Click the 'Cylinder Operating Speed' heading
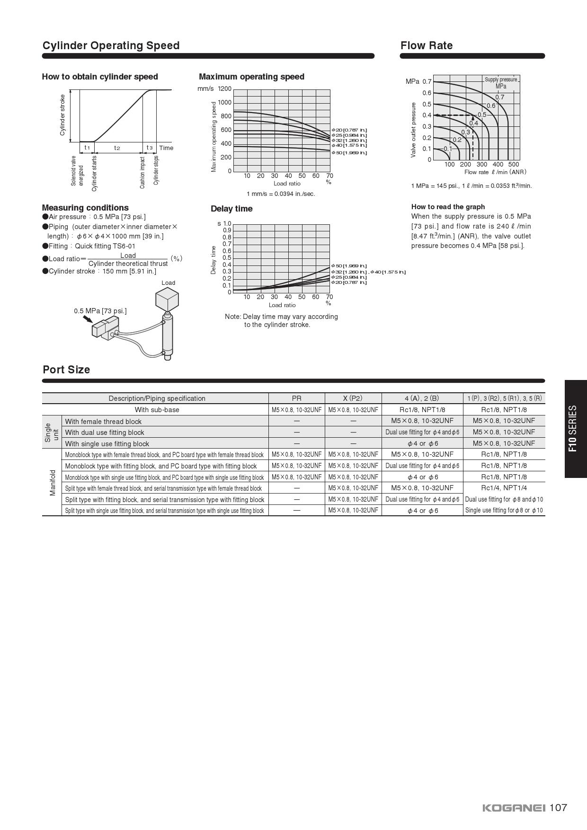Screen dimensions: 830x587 111,45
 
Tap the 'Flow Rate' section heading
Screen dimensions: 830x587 427,45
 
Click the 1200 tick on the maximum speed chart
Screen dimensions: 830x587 225,88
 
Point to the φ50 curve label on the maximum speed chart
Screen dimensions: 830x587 349,153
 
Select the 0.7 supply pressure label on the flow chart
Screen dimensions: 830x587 500,97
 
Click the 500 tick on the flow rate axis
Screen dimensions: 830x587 514,165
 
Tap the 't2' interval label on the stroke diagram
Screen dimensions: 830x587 117,148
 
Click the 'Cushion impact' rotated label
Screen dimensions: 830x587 142,173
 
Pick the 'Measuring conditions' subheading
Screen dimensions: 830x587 85,208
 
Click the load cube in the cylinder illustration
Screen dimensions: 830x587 168,300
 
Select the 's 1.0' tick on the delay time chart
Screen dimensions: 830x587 224,223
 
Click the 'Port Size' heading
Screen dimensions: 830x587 66,370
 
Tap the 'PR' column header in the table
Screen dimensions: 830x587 296,398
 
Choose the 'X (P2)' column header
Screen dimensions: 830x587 353,398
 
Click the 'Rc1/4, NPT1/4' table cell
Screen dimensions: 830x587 504,488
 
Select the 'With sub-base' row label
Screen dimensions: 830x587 157,410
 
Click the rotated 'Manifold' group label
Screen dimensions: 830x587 52,483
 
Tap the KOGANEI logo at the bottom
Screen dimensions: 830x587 514,808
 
